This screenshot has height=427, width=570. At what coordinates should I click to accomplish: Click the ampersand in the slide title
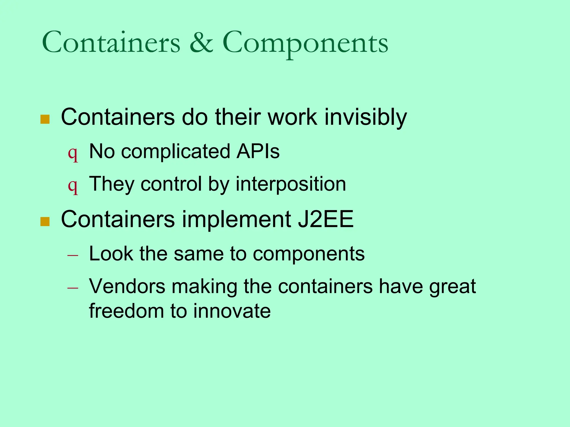(x=201, y=42)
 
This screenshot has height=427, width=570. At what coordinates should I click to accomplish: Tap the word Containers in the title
(x=111, y=42)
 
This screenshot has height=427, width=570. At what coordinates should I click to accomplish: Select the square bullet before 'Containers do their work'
(x=45, y=119)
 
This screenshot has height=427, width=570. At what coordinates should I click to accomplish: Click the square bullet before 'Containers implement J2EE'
(x=45, y=222)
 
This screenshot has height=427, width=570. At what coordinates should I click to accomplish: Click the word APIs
(x=258, y=152)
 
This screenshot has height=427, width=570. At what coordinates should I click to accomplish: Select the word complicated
(x=175, y=152)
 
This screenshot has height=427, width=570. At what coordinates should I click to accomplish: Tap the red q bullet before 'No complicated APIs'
(x=73, y=153)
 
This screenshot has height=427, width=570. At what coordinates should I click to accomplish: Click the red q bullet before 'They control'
(x=73, y=186)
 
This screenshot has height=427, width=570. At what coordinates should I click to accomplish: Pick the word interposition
(x=291, y=184)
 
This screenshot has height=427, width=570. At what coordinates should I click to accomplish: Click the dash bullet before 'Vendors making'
(x=73, y=288)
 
